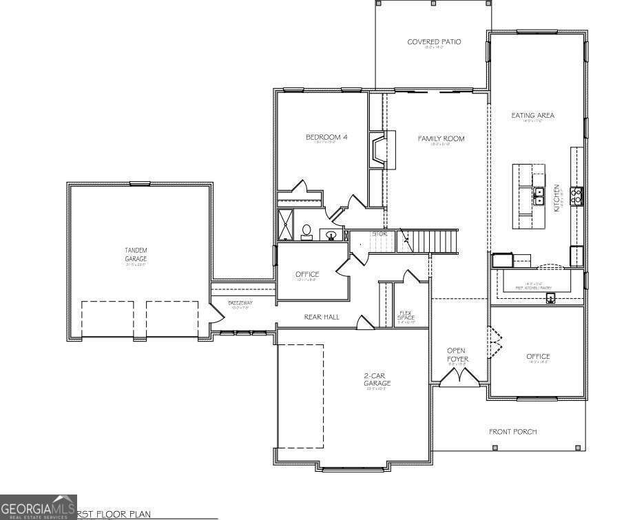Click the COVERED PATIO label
433,42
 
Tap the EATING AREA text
532,116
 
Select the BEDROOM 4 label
326,137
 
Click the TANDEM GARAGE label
136,254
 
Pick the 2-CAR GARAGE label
377,379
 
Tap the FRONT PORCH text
512,432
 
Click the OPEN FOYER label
457,355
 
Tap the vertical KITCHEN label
557,197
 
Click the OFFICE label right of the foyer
538,356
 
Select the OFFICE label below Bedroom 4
307,274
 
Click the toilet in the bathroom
306,231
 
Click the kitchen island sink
539,196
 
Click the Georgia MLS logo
38,507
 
